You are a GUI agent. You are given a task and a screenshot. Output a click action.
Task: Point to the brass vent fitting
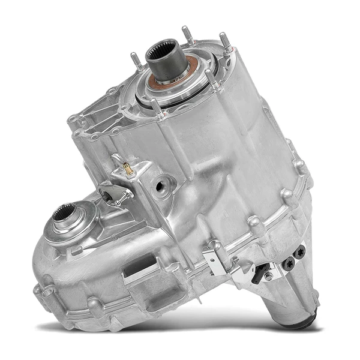[127, 169]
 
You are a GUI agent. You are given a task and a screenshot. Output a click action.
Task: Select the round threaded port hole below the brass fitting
[160, 185]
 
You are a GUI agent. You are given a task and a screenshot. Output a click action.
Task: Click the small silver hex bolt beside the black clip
[268, 277]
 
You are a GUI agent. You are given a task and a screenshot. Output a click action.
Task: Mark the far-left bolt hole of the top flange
[73, 119]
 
